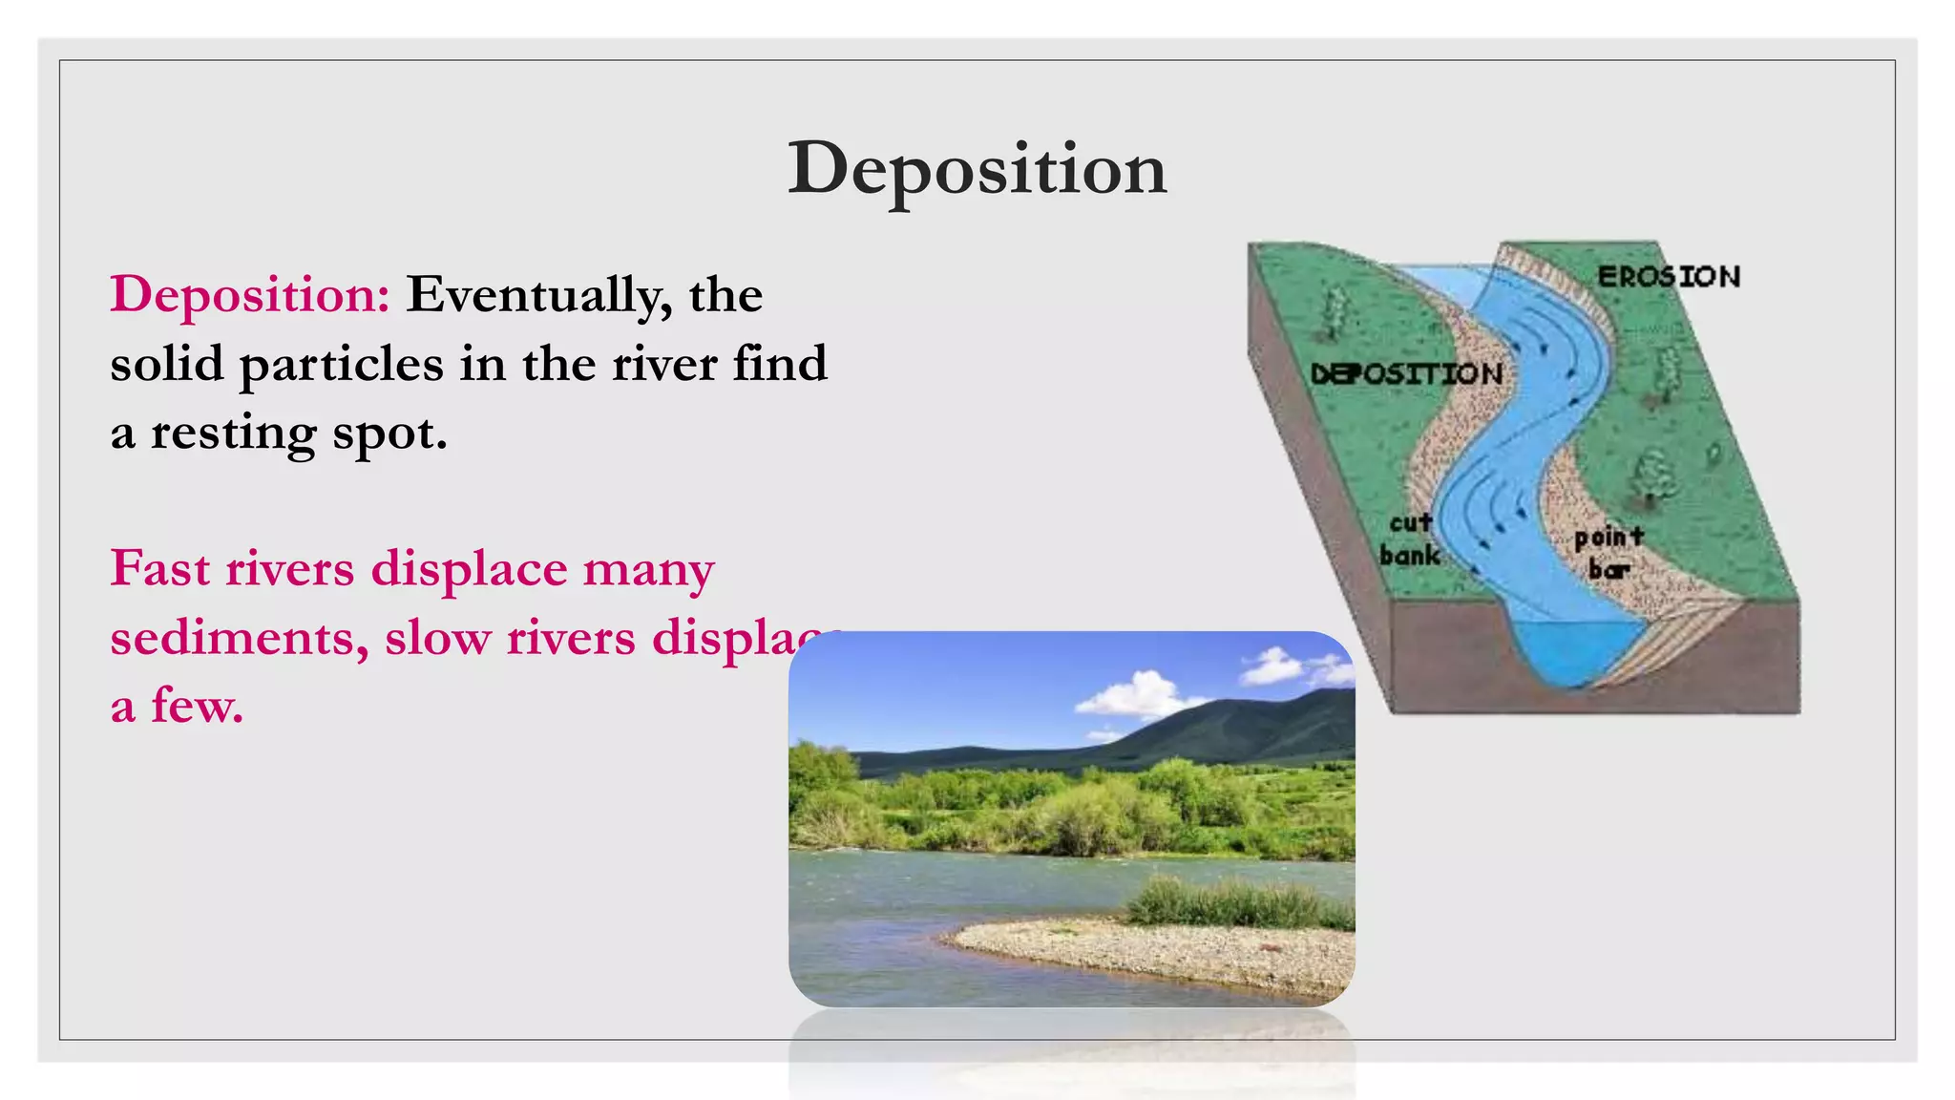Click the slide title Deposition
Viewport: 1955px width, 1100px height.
(x=977, y=169)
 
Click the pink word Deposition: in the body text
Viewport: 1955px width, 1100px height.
(x=250, y=294)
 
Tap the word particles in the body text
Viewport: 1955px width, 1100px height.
(x=341, y=365)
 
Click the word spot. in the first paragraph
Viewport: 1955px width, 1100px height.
(x=389, y=434)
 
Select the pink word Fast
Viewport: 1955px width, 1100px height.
(x=159, y=569)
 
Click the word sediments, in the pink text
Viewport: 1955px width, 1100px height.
(x=239, y=638)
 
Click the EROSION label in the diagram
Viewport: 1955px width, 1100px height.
(x=1669, y=277)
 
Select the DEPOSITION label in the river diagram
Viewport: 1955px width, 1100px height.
(x=1406, y=374)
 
